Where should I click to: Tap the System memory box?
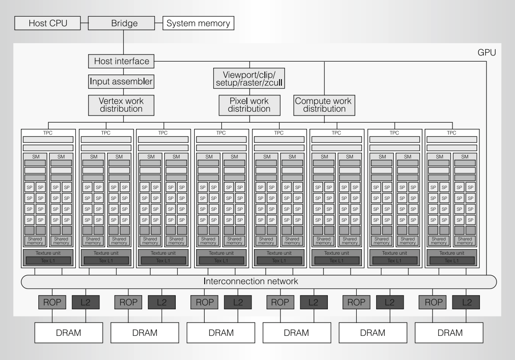pos(198,23)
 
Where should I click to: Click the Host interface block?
pos(122,61)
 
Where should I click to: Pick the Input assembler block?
pos(121,82)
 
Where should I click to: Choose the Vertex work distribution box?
pos(121,105)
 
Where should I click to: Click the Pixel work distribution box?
pos(249,105)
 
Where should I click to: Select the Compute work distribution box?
pos(323,105)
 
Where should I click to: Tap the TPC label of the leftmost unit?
pos(48,133)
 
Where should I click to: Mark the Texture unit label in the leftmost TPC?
pos(48,253)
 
